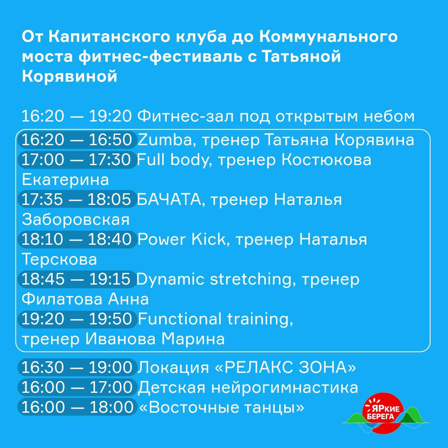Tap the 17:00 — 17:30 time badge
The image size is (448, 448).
(x=77, y=160)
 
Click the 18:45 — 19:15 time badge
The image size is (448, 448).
(x=77, y=279)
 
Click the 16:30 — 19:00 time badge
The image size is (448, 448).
(x=77, y=368)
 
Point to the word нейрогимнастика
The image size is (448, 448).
(x=285, y=388)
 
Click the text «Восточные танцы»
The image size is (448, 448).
(x=222, y=407)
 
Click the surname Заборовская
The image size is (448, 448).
(x=76, y=220)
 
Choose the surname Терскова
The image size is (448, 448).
(x=59, y=259)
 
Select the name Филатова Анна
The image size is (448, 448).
(x=85, y=299)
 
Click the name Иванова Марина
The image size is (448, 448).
(x=155, y=339)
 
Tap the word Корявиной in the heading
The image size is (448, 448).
(x=69, y=77)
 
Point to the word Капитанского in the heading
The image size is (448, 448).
(x=110, y=37)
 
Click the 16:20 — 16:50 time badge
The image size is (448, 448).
(x=77, y=140)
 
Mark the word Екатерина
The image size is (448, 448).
(x=65, y=180)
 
